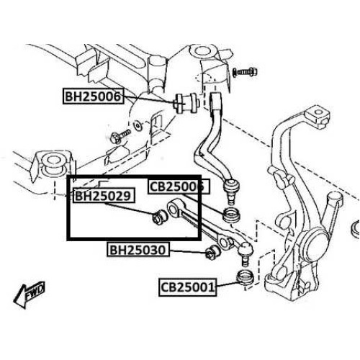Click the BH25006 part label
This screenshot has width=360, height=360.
94,96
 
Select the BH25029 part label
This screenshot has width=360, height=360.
104,195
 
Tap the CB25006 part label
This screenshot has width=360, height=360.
179,186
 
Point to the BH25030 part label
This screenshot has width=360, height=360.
138,250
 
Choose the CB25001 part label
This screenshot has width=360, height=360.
188,287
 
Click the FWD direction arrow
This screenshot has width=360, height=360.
29,294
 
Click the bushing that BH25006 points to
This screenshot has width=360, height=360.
186,103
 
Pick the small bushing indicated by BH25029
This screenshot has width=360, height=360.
160,217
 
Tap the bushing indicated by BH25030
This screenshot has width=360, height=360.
212,252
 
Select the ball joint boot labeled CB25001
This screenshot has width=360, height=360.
245,277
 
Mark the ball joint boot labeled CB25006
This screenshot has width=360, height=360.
231,215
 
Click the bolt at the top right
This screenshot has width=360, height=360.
245,71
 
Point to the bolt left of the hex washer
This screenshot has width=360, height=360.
120,136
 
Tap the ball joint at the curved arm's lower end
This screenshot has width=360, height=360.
231,189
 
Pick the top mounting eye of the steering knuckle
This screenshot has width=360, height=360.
318,113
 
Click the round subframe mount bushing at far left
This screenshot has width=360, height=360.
52,163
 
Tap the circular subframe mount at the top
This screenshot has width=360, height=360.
201,51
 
